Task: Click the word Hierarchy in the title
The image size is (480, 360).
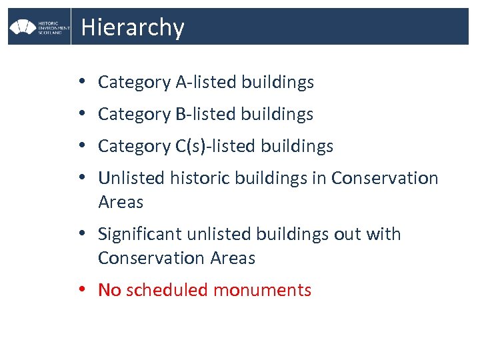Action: [x=132, y=27]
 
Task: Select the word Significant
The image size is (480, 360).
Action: [x=140, y=234]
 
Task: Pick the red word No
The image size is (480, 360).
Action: [x=109, y=290]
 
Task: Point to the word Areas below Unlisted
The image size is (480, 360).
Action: [x=121, y=201]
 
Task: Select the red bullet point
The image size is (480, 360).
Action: [x=80, y=290]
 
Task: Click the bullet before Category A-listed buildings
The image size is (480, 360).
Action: [x=80, y=82]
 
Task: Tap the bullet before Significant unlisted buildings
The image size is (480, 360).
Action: [x=80, y=234]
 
